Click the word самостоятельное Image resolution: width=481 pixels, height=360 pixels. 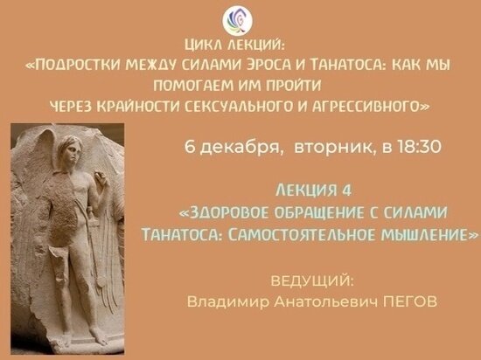point(317,235)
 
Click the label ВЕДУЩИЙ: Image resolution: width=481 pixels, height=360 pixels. point(312,281)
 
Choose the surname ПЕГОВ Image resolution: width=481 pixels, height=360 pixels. point(408,301)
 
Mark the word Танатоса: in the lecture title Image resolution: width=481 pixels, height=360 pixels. point(183,235)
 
